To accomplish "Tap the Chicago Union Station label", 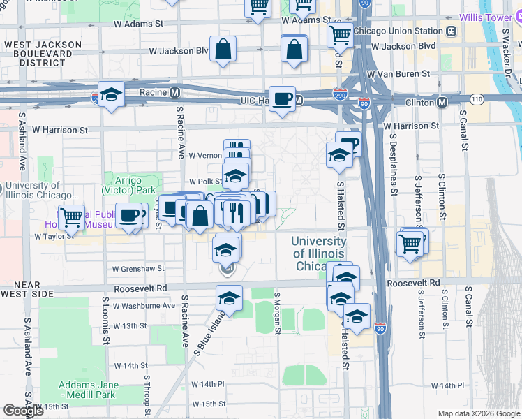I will [x=398, y=31].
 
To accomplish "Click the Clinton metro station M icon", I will [x=442, y=102].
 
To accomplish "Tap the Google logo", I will [x=24, y=411].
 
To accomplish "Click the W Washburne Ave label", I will [x=144, y=305].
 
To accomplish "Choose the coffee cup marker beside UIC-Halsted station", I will [x=282, y=99].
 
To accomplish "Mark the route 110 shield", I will [x=477, y=98].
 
